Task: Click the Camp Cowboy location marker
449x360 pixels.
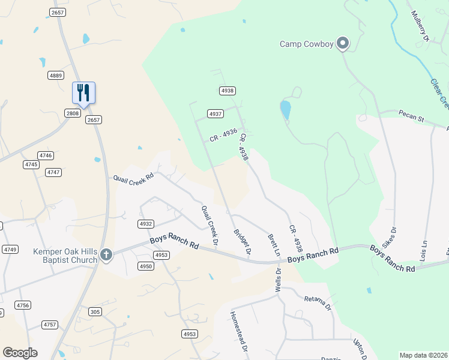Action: (x=343, y=43)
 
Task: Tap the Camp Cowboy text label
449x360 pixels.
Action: (x=307, y=44)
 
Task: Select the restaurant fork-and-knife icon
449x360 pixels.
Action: (x=84, y=92)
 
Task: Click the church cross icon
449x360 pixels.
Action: (x=106, y=255)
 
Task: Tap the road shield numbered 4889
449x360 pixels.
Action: (x=56, y=75)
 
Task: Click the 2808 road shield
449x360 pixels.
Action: (x=73, y=113)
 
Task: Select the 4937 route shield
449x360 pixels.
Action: (x=215, y=113)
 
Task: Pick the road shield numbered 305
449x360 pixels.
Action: (x=95, y=311)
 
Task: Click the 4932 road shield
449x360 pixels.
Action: (x=145, y=223)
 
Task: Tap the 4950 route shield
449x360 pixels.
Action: (x=146, y=265)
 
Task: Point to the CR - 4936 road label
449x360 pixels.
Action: (x=223, y=135)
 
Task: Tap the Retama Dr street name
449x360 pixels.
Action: (x=317, y=303)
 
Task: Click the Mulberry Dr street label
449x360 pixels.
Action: (x=420, y=26)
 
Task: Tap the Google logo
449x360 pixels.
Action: (x=20, y=353)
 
